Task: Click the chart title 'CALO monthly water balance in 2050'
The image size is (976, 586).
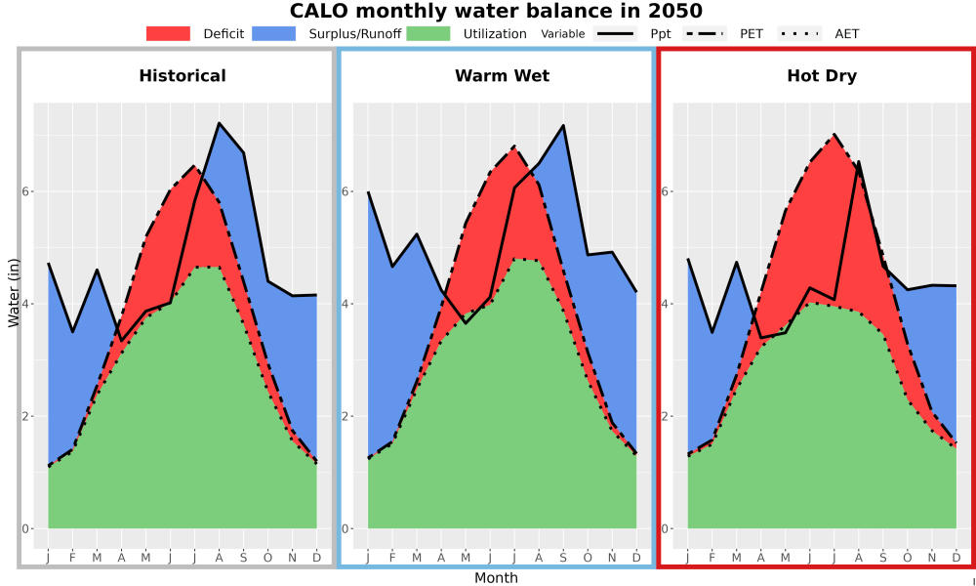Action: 496,11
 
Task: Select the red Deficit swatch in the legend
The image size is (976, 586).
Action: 168,33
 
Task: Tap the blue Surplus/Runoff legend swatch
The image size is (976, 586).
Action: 274,33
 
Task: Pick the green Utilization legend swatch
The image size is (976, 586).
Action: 428,33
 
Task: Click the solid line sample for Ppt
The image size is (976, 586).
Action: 615,33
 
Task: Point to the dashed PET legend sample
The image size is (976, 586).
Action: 705,33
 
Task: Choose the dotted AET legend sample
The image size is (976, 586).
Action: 799,33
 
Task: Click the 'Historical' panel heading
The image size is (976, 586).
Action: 183,76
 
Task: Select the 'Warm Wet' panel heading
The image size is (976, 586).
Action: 503,76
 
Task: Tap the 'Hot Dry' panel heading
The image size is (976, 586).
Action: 822,76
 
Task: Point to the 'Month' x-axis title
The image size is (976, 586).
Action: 496,578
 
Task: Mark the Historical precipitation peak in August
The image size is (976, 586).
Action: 219,123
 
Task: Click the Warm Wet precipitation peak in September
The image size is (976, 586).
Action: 563,125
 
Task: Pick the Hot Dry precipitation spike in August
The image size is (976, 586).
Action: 859,162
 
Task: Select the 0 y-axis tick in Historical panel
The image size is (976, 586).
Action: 25,528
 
